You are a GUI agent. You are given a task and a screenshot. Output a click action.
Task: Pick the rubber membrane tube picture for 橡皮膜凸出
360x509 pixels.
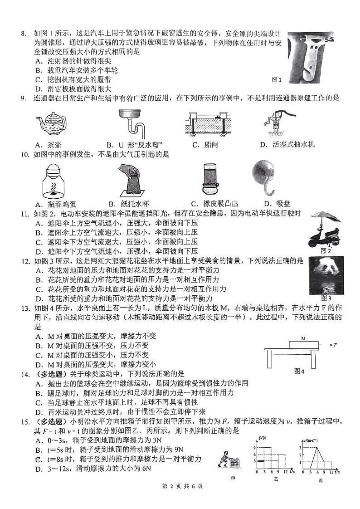(x=210, y=179)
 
